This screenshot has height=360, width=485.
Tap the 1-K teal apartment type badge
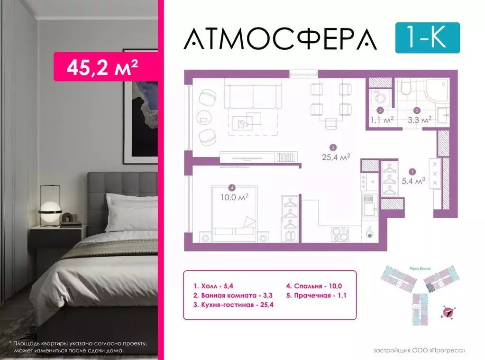point(427,37)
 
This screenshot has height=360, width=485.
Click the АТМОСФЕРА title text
point(280,38)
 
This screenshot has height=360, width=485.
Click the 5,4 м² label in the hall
point(413,180)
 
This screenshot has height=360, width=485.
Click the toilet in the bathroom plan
point(406,88)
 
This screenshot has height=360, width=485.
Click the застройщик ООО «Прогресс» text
point(419,351)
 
